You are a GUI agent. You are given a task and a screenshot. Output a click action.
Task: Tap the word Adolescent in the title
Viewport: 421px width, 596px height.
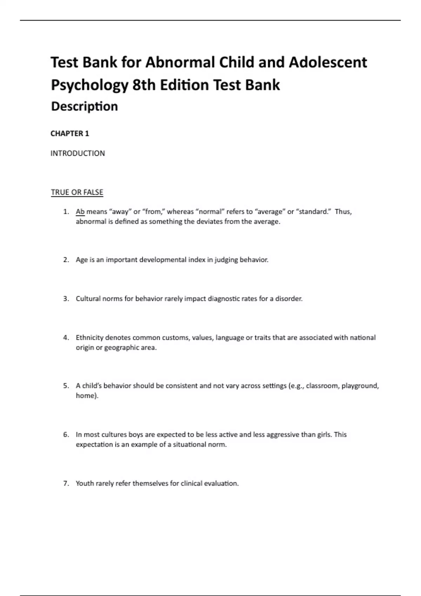pos(328,62)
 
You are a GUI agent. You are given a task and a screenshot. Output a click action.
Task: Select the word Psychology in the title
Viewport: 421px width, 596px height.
pos(90,85)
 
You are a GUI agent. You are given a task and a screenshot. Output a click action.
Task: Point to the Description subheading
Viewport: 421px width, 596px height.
pos(84,106)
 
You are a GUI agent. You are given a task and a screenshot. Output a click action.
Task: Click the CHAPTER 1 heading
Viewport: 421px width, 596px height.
pos(70,134)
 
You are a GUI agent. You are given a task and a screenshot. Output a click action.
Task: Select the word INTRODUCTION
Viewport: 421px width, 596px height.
pos(78,153)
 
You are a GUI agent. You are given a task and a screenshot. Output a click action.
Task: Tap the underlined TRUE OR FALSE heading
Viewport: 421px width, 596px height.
pos(77,192)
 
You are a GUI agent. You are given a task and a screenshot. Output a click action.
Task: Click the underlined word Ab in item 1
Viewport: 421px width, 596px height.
pos(80,211)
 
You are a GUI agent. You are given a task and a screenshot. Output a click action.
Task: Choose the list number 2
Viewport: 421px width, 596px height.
pos(66,260)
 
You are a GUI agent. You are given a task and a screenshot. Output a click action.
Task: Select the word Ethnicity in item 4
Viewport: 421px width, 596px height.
pos(89,338)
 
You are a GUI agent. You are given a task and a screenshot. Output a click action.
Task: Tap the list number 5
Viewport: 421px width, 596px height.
pos(66,386)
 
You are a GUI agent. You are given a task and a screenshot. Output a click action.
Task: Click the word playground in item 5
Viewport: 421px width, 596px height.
pos(360,386)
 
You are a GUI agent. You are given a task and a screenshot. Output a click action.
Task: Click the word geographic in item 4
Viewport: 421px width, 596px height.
pos(122,347)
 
